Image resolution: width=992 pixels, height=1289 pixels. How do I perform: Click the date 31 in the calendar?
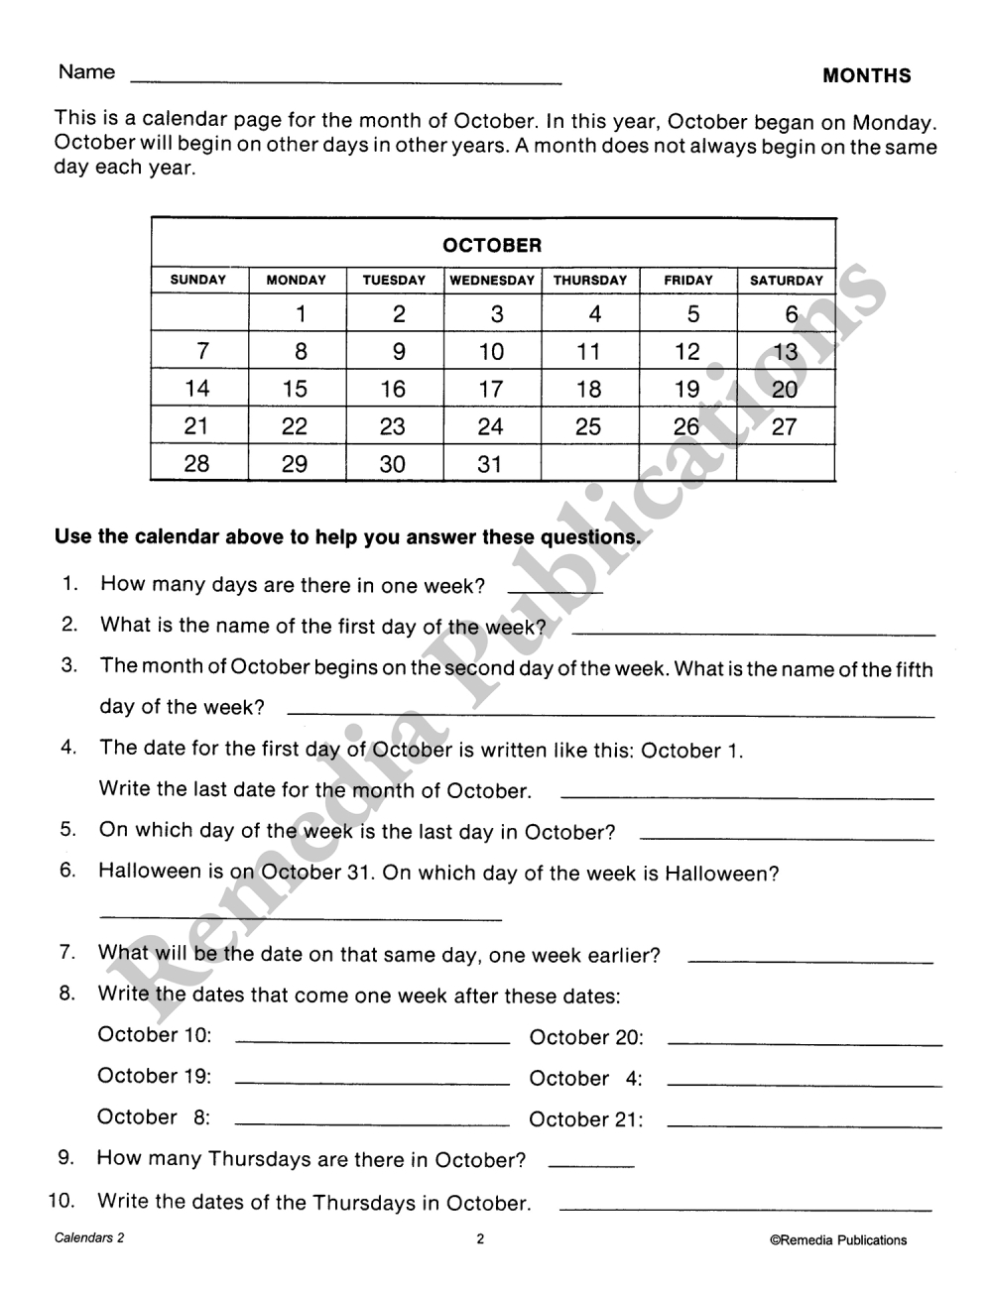pyautogui.click(x=490, y=464)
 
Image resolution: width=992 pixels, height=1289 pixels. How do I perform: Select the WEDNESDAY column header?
pyautogui.click(x=492, y=281)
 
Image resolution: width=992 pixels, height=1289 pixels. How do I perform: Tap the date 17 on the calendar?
pyautogui.click(x=490, y=389)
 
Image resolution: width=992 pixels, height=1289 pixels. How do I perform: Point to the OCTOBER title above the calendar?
pyautogui.click(x=492, y=245)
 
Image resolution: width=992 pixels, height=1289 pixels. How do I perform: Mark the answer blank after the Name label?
pyautogui.click(x=345, y=79)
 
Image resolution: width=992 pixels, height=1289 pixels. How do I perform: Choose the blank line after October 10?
pyautogui.click(x=372, y=1042)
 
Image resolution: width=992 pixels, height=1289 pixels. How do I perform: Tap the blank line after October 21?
pyautogui.click(x=804, y=1125)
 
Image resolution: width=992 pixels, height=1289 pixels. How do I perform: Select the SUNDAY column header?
pyautogui.click(x=198, y=281)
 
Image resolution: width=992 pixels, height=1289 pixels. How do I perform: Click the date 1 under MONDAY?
pyautogui.click(x=300, y=315)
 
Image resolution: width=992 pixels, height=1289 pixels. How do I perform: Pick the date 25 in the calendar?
pyautogui.click(x=588, y=427)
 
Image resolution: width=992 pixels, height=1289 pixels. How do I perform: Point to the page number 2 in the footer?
pyautogui.click(x=480, y=1238)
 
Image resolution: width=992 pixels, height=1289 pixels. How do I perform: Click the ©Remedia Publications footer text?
pyautogui.click(x=837, y=1239)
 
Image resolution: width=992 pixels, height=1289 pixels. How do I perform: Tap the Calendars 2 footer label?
pyautogui.click(x=89, y=1238)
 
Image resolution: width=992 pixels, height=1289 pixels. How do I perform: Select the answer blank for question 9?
pyautogui.click(x=590, y=1166)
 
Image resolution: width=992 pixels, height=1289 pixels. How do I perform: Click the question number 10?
pyautogui.click(x=62, y=1201)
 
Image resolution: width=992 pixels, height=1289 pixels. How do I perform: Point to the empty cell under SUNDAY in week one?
pyautogui.click(x=199, y=315)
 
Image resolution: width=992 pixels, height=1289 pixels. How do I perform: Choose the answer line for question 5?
pyautogui.click(x=787, y=839)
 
